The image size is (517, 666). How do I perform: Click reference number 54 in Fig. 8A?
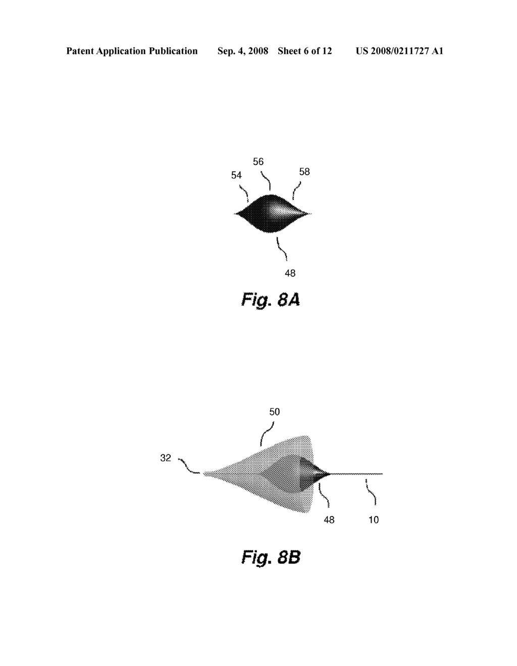tap(236, 175)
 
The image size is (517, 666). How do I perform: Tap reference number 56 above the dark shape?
tap(258, 161)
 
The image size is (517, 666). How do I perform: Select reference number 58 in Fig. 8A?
tap(304, 172)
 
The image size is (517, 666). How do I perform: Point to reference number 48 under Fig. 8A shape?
tap(290, 273)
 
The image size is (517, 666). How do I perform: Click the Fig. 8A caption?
tap(271, 300)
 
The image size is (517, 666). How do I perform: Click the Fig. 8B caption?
tap(271, 558)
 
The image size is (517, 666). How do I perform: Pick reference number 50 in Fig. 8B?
tap(274, 412)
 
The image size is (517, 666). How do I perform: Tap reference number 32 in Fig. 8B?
tap(166, 458)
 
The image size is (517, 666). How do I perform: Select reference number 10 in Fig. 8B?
tap(373, 520)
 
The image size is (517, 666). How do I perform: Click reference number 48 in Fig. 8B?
tap(329, 520)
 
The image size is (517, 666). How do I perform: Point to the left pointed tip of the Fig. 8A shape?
tap(235, 214)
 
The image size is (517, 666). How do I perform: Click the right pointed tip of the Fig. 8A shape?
tap(310, 214)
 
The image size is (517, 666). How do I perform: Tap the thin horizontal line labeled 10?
tap(358, 474)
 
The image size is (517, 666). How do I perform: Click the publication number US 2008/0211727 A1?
tap(399, 51)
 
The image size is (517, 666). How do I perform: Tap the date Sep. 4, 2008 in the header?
tap(243, 51)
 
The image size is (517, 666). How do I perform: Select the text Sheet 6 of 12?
tap(305, 51)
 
